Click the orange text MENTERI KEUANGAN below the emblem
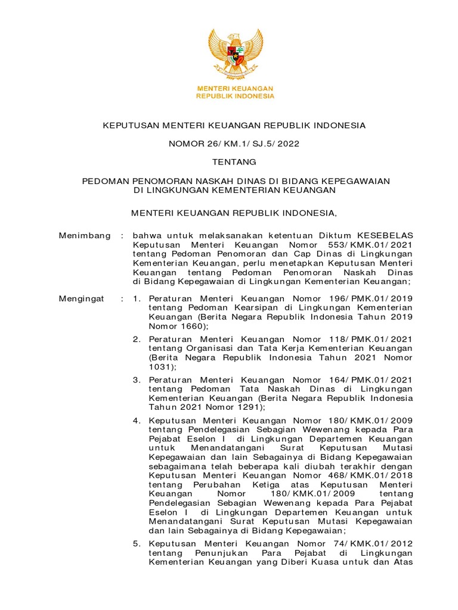pos(236,88)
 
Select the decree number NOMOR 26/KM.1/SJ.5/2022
pos(234,144)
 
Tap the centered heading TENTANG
pos(234,162)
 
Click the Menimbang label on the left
pos(85,236)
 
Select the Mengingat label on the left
pos(82,297)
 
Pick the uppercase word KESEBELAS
pos(384,236)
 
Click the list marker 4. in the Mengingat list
pos(137,421)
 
